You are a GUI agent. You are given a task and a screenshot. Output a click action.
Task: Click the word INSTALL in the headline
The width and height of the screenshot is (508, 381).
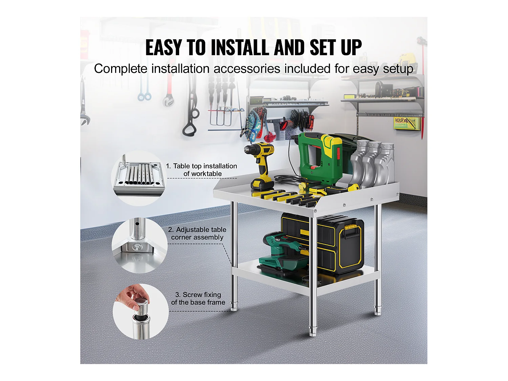pyautogui.click(x=240, y=48)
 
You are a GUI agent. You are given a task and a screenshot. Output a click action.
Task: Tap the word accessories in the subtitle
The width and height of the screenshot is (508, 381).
pyautogui.click(x=247, y=69)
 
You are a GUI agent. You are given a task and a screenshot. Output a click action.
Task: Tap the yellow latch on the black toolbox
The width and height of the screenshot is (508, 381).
pyautogui.click(x=352, y=227)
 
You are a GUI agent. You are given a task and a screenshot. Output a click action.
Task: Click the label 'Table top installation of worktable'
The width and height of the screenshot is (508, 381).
pyautogui.click(x=202, y=170)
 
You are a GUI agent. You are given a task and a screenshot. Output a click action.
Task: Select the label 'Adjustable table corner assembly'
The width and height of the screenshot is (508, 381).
pyautogui.click(x=197, y=233)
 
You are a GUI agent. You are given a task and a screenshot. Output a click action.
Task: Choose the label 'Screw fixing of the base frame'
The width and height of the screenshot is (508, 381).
pyautogui.click(x=198, y=298)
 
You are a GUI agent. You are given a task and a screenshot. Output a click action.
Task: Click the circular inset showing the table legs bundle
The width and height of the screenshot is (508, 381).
pyautogui.click(x=139, y=178)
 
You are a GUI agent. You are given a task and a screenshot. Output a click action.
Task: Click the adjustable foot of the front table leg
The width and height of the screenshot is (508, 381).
pyautogui.click(x=313, y=331)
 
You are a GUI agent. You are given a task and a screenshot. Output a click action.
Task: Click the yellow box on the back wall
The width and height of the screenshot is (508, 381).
pyautogui.click(x=407, y=123)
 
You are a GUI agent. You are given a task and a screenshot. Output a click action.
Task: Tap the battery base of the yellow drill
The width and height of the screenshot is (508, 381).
pyautogui.click(x=261, y=184)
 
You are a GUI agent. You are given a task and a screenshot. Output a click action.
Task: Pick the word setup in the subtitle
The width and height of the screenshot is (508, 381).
pyautogui.click(x=398, y=69)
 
